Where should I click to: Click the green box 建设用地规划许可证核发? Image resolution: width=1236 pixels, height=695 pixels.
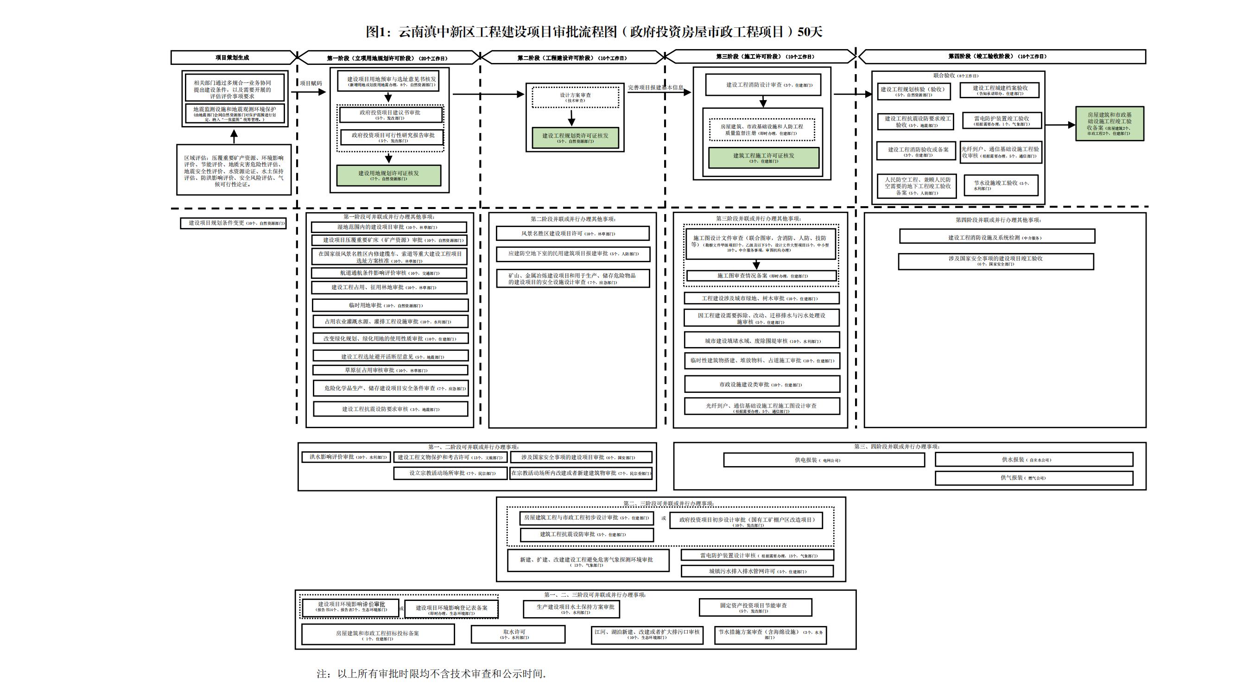click(x=389, y=176)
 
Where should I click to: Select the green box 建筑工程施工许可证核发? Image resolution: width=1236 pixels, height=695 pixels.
click(x=763, y=158)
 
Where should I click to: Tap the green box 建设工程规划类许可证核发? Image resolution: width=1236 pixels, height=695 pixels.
click(x=575, y=138)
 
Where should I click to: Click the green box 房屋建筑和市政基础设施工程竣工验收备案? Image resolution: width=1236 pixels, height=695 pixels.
click(x=1109, y=124)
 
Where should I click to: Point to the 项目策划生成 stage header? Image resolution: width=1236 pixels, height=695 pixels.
click(x=232, y=57)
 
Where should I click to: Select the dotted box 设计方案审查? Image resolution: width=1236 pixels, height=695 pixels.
click(x=575, y=97)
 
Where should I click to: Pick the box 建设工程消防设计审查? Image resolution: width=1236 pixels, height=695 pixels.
click(x=763, y=85)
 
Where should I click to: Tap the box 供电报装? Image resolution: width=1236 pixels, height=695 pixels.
click(x=824, y=460)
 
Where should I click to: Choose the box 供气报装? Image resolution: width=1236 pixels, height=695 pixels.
click(x=1033, y=478)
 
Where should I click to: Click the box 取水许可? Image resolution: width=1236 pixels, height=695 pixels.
click(x=518, y=634)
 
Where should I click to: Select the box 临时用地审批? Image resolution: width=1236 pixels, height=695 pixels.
click(x=390, y=305)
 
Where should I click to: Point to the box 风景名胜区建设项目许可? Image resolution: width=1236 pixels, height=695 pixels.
click(x=572, y=234)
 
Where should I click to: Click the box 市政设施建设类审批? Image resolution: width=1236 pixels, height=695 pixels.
click(x=762, y=384)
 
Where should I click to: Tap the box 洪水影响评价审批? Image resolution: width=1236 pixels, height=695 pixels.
click(x=346, y=457)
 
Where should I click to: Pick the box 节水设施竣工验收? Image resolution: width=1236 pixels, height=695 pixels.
click(x=1001, y=185)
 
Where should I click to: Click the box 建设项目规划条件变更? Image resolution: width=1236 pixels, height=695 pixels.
click(x=233, y=223)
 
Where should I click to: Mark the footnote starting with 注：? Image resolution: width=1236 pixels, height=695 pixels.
click(x=431, y=673)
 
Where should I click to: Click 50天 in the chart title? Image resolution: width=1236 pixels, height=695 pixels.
click(x=810, y=32)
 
